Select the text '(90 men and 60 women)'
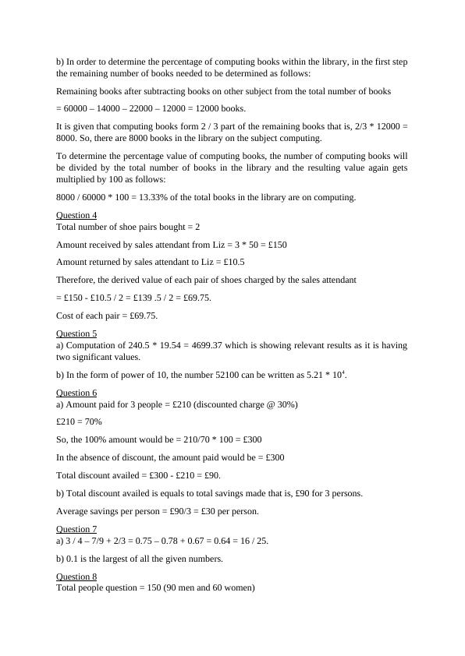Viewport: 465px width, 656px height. pos(205,588)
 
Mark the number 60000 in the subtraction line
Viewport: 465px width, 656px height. pos(76,108)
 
